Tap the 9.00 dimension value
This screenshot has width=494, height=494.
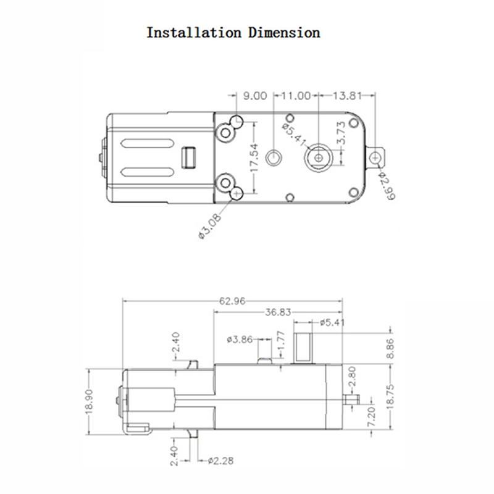point(255,96)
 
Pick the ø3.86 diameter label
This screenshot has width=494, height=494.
point(239,338)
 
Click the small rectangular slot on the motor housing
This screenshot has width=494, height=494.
point(188,157)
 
